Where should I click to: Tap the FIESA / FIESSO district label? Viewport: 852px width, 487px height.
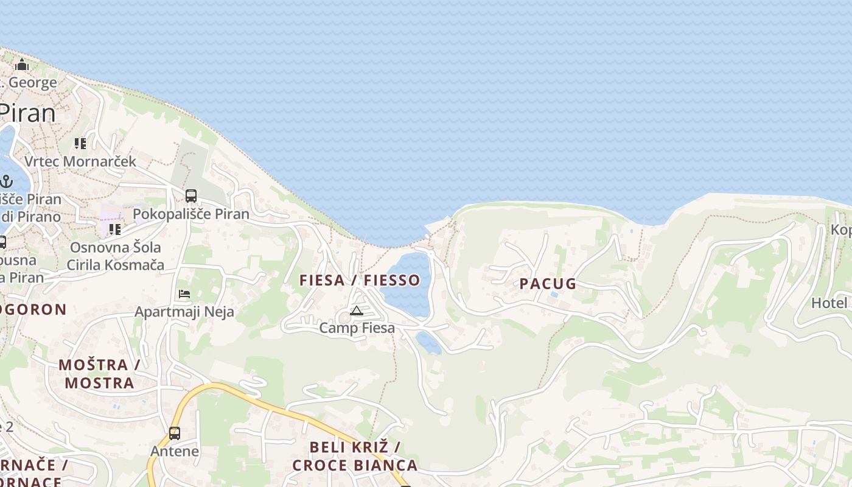click(360, 280)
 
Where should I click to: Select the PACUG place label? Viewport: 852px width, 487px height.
click(548, 284)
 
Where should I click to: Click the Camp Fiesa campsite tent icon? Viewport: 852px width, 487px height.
click(357, 312)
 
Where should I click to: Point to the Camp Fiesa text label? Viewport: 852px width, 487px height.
click(357, 328)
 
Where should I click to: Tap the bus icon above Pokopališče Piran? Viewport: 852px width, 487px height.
click(191, 196)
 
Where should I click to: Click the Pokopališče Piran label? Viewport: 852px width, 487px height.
click(191, 214)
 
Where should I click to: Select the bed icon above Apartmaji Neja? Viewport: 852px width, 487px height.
click(184, 294)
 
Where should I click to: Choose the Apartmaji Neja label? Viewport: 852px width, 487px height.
click(184, 312)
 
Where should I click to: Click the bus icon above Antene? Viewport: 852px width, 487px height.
click(175, 433)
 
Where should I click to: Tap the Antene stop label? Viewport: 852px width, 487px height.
click(175, 451)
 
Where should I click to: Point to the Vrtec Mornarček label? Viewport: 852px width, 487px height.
click(80, 162)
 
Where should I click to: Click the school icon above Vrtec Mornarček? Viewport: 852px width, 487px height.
click(80, 144)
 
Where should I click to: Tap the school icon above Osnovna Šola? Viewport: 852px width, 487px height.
click(114, 229)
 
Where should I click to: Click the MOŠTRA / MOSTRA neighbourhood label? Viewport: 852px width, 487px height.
click(99, 374)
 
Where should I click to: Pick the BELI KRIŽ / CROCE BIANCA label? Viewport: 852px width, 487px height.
click(355, 456)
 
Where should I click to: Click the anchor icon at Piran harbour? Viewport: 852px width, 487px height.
click(6, 181)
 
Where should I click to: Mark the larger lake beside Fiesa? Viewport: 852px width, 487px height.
click(407, 283)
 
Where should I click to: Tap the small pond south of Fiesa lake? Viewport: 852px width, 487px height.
click(428, 342)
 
